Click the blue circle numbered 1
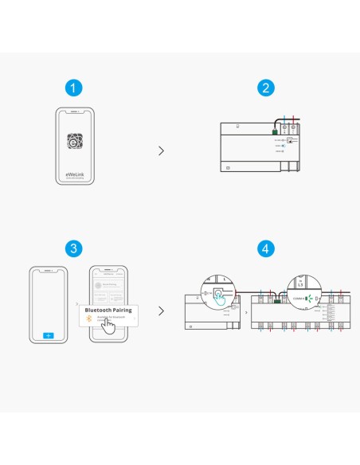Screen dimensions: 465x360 [x=73, y=88]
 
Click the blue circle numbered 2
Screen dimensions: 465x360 [x=266, y=88]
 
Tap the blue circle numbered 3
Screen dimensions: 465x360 [x=73, y=248]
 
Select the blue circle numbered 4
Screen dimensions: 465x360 [x=266, y=248]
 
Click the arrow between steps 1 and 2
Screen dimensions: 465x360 [x=162, y=150]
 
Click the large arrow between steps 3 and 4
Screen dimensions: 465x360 [x=162, y=311]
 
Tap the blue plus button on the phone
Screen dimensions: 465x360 [x=47, y=335]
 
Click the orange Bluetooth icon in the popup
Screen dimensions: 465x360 [x=88, y=318]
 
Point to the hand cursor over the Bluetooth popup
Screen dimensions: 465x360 [x=108, y=325]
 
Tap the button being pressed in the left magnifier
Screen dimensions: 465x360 [x=216, y=292]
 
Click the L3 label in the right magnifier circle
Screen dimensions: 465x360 [x=299, y=283]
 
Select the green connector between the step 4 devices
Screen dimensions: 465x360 [x=277, y=301]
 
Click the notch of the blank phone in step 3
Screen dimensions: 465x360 [x=47, y=269]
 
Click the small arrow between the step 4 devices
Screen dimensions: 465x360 [x=245, y=312]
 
